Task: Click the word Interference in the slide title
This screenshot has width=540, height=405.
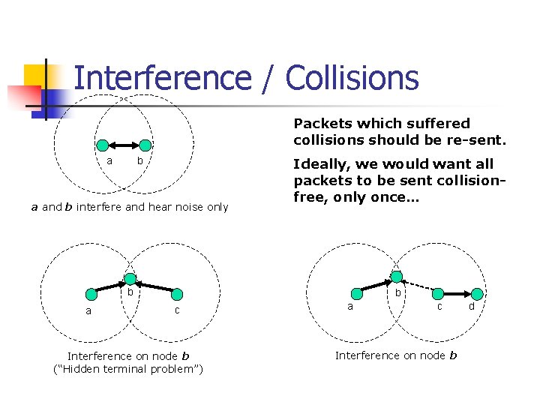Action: pos(163,78)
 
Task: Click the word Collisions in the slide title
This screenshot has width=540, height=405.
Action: pos(352,78)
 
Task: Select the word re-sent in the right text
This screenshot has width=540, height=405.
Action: pos(481,139)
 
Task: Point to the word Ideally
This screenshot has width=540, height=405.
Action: pos(321,163)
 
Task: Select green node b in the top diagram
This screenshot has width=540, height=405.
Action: pos(145,145)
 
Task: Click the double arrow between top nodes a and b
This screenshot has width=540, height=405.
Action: pos(123,145)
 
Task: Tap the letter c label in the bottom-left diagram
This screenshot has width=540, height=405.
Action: pos(177,310)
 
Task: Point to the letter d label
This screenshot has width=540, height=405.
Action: pos(472,306)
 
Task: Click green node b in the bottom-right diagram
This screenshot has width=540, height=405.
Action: pos(396,277)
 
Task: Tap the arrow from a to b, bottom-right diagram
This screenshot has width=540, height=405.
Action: pos(372,286)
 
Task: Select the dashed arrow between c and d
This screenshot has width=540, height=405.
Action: pos(456,292)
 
